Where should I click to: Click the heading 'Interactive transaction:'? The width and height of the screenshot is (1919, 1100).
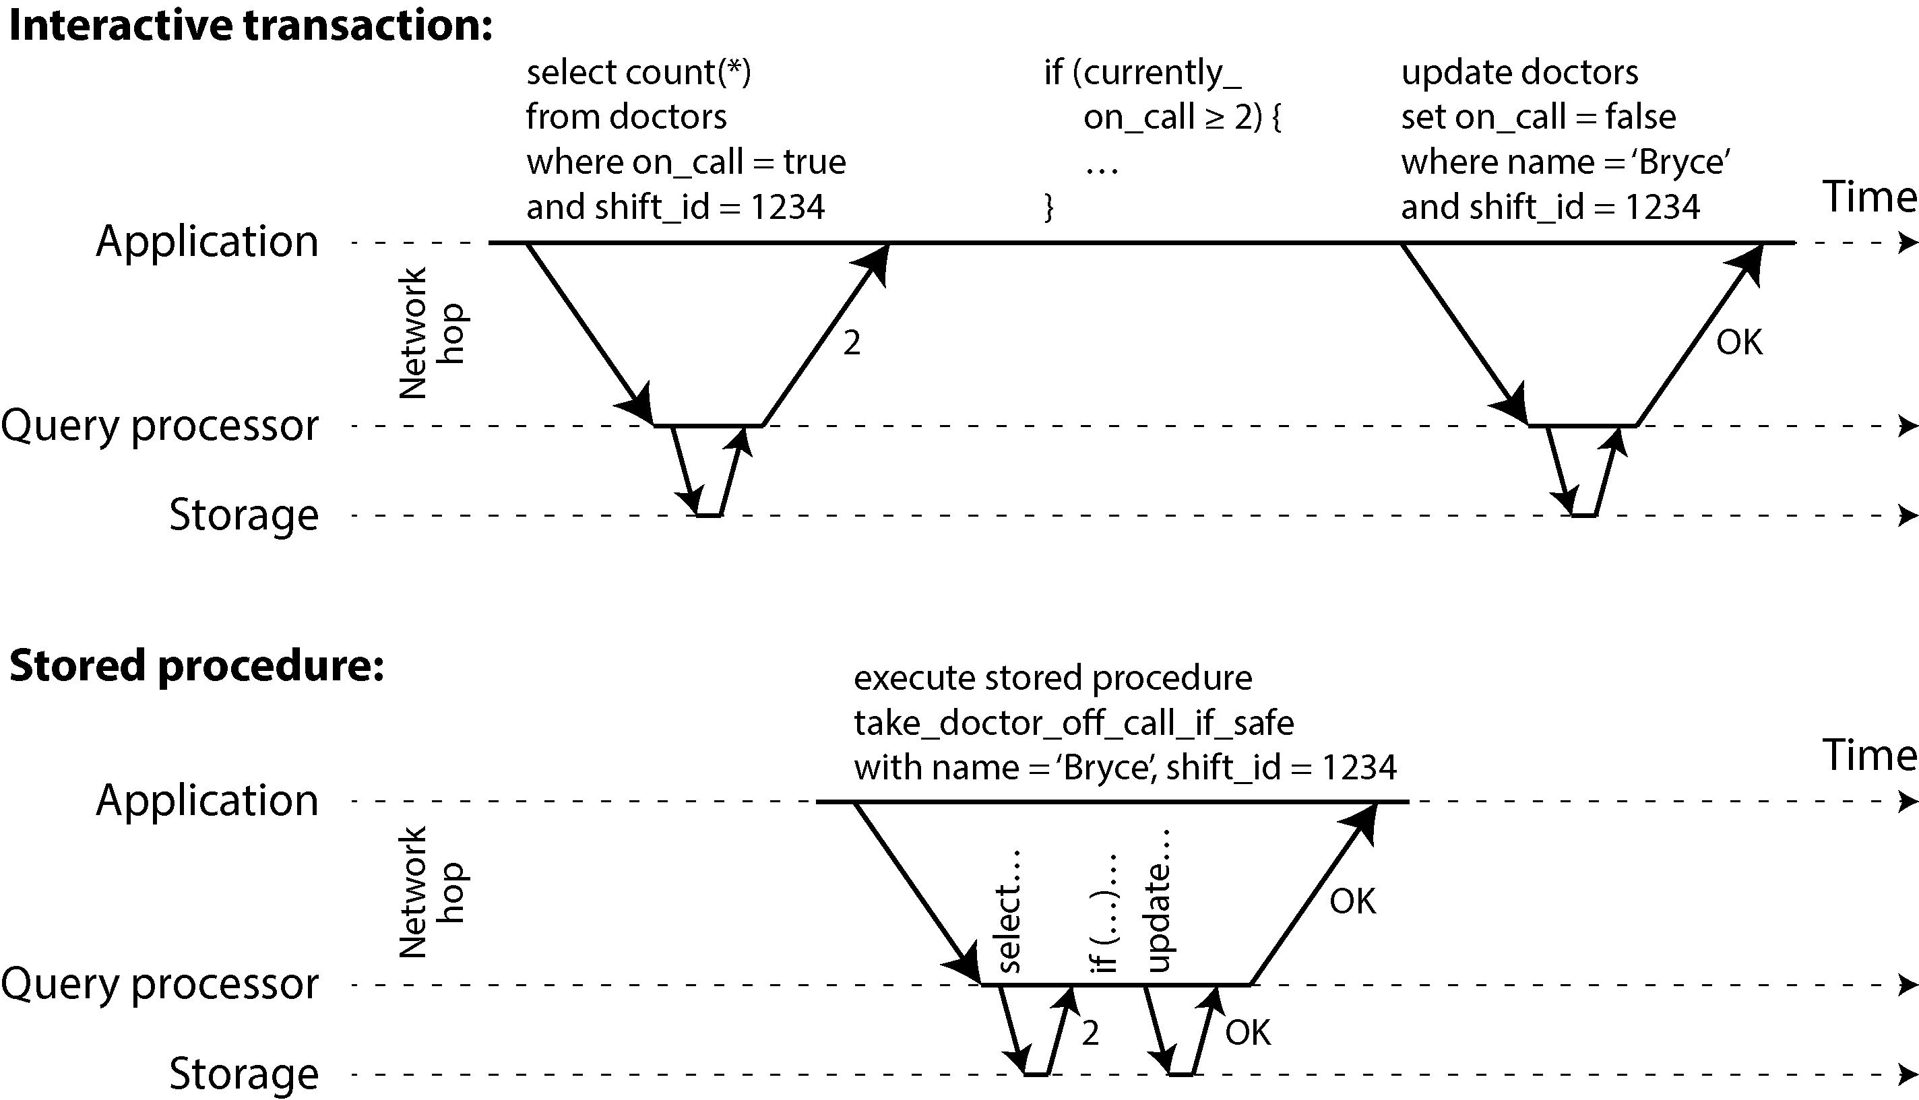[x=250, y=26]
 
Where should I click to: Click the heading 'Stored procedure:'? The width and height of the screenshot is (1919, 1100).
[x=197, y=666]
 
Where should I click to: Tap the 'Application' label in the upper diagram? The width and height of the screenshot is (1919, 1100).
[x=207, y=242]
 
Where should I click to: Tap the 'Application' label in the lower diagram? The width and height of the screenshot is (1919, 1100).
[x=207, y=801]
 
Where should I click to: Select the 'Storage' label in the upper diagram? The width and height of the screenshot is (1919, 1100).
[x=243, y=515]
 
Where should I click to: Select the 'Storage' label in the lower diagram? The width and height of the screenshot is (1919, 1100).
[x=243, y=1074]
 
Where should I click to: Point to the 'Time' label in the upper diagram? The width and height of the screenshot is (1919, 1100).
[x=1870, y=197]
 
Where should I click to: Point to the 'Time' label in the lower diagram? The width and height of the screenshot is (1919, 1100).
[x=1870, y=754]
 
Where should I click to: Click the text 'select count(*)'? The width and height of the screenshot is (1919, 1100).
[x=638, y=73]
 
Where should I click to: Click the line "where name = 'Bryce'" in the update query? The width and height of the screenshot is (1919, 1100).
[x=1565, y=162]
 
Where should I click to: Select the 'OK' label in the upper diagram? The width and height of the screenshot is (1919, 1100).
[x=1739, y=343]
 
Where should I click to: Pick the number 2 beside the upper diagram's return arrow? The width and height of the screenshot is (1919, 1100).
[x=852, y=344]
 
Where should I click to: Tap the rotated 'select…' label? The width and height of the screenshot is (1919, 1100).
[x=1009, y=911]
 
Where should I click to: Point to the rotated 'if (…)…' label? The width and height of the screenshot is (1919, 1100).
[x=1104, y=913]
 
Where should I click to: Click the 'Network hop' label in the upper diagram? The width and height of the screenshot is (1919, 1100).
[x=431, y=333]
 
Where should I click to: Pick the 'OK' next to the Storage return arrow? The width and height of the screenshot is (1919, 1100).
[x=1248, y=1033]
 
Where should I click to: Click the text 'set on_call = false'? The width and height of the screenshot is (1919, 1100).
[x=1538, y=117]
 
